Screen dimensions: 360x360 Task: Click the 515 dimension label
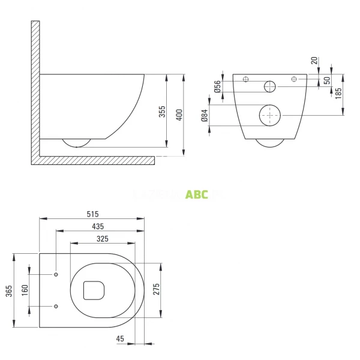pyautogui.click(x=92, y=214)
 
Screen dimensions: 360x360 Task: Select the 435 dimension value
pyautogui.click(x=98, y=226)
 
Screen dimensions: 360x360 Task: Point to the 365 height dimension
pyautogui.click(x=8, y=290)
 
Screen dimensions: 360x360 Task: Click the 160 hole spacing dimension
pyautogui.click(x=25, y=290)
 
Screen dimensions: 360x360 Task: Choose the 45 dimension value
pyautogui.click(x=120, y=339)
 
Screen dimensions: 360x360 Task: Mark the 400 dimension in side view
pyautogui.click(x=179, y=114)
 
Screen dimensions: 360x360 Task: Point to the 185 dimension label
pyautogui.click(x=338, y=93)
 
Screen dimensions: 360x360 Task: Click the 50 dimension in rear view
pyautogui.click(x=326, y=80)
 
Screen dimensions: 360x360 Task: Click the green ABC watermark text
pyautogui.click(x=197, y=194)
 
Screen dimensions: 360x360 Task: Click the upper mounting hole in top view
pyautogui.click(x=56, y=275)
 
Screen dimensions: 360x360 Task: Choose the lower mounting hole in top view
pyautogui.click(x=56, y=307)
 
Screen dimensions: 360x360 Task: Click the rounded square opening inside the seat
pyautogui.click(x=94, y=290)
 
